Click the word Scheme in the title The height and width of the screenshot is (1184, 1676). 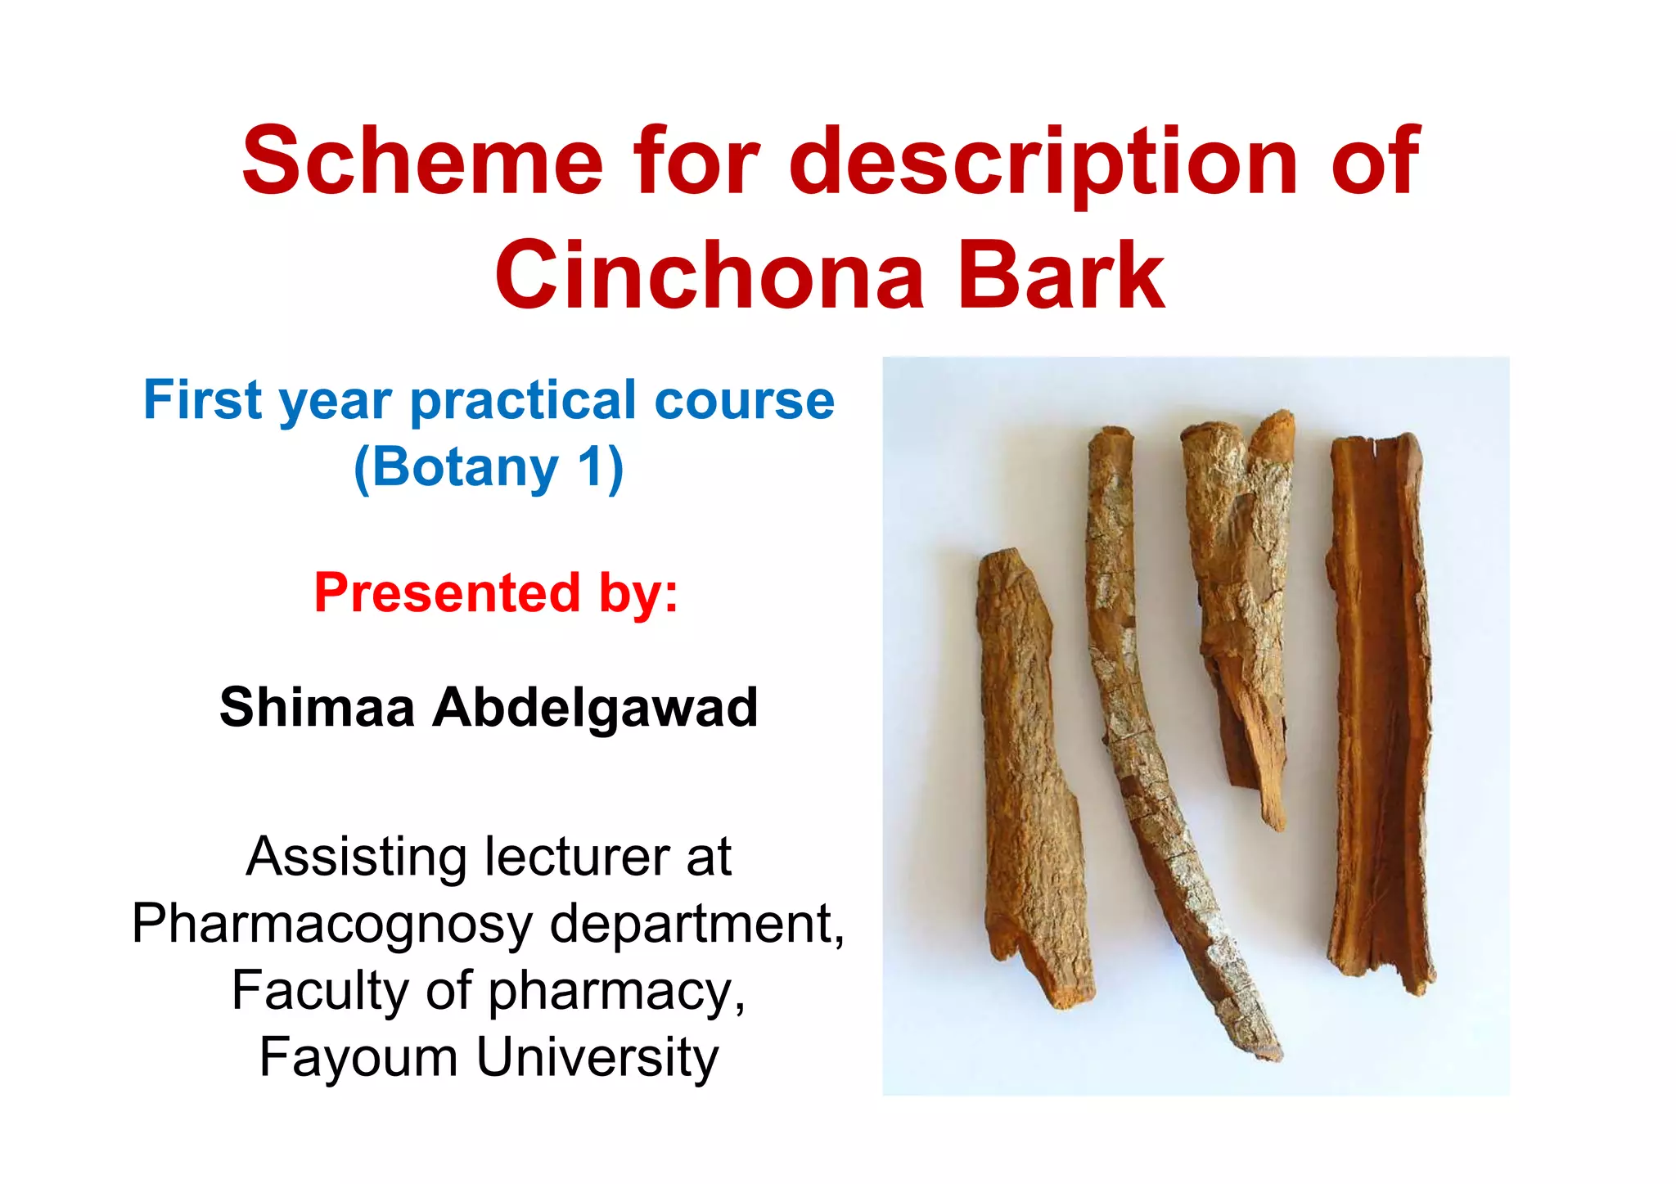[x=422, y=161]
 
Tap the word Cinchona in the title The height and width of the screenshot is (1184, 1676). [x=709, y=277]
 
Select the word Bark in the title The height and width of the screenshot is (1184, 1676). [x=1061, y=277]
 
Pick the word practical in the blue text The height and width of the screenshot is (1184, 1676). [x=523, y=402]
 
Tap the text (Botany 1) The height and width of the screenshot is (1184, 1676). [x=489, y=468]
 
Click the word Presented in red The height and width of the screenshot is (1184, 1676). [x=447, y=592]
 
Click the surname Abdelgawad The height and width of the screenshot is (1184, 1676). [x=595, y=709]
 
